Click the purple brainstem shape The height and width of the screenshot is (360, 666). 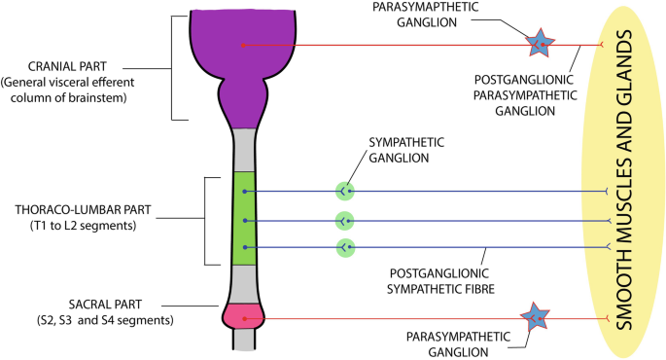pyautogui.click(x=243, y=64)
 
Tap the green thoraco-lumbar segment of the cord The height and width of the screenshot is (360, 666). pyautogui.click(x=245, y=218)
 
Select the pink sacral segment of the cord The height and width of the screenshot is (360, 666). pyautogui.click(x=244, y=316)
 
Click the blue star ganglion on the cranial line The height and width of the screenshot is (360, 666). pyautogui.click(x=540, y=44)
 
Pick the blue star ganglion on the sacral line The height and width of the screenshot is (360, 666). pyautogui.click(x=535, y=317)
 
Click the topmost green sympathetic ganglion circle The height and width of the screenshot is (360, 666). pyautogui.click(x=345, y=192)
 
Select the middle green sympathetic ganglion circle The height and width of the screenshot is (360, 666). pyautogui.click(x=345, y=221)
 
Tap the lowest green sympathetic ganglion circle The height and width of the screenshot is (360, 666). pyautogui.click(x=345, y=248)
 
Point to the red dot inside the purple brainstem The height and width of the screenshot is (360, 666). pyautogui.click(x=243, y=45)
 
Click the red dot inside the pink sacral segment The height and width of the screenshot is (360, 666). pyautogui.click(x=244, y=318)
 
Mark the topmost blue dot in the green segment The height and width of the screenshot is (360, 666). pyautogui.click(x=245, y=192)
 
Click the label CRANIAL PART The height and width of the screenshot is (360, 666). pyautogui.click(x=67, y=67)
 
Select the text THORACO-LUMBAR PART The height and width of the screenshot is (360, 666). pyautogui.click(x=83, y=210)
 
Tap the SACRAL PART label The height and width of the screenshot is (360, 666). pyautogui.click(x=105, y=305)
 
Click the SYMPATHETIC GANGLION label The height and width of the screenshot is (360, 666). pyautogui.click(x=406, y=150)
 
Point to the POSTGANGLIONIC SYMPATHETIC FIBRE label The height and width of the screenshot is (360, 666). pyautogui.click(x=440, y=281)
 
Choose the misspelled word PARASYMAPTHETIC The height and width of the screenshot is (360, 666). pyautogui.click(x=425, y=7)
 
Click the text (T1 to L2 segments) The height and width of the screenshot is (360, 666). pyautogui.click(x=84, y=226)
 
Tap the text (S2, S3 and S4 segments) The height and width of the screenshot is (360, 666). pyautogui.click(x=105, y=320)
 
